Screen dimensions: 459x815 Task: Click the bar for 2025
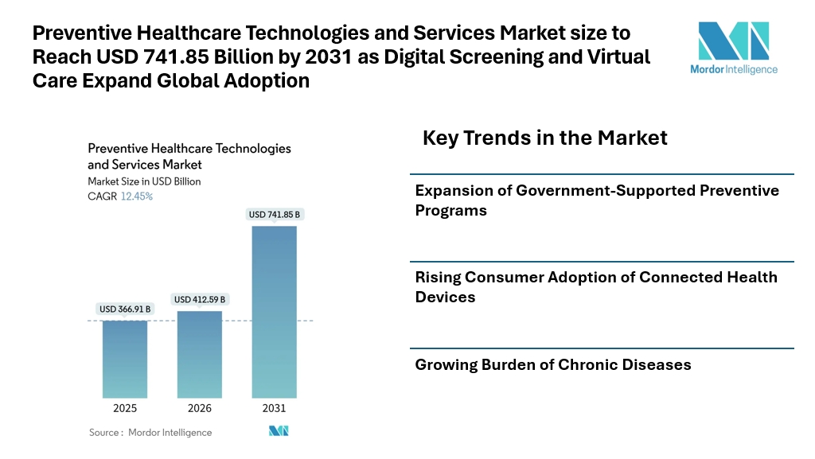pyautogui.click(x=125, y=359)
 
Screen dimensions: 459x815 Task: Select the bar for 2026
pyautogui.click(x=200, y=354)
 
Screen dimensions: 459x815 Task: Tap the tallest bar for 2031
pyautogui.click(x=274, y=312)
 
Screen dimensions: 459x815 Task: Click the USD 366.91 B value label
pyautogui.click(x=125, y=309)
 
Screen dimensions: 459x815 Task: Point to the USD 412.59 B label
pyautogui.click(x=200, y=299)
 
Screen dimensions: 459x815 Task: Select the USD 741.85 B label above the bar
pyautogui.click(x=274, y=215)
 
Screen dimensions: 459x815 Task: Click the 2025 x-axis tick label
pyautogui.click(x=125, y=408)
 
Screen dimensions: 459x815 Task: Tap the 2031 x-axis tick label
pyautogui.click(x=274, y=408)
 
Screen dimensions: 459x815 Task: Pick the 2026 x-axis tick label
pyautogui.click(x=200, y=408)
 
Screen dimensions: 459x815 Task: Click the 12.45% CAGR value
pyautogui.click(x=137, y=196)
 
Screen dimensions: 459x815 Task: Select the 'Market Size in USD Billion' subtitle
pyautogui.click(x=144, y=181)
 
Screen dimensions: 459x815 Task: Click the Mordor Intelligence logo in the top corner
pyautogui.click(x=733, y=47)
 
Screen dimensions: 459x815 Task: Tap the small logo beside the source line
pyautogui.click(x=279, y=431)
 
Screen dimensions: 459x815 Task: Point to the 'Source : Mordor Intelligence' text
pyautogui.click(x=150, y=432)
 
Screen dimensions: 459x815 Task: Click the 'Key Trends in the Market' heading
pyautogui.click(x=544, y=138)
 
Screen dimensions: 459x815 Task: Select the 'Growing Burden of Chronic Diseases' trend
pyautogui.click(x=553, y=364)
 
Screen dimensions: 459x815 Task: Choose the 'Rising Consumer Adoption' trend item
pyautogui.click(x=596, y=286)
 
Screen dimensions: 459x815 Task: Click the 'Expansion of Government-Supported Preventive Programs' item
pyautogui.click(x=597, y=200)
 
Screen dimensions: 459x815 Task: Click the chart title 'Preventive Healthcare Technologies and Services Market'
pyautogui.click(x=189, y=156)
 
